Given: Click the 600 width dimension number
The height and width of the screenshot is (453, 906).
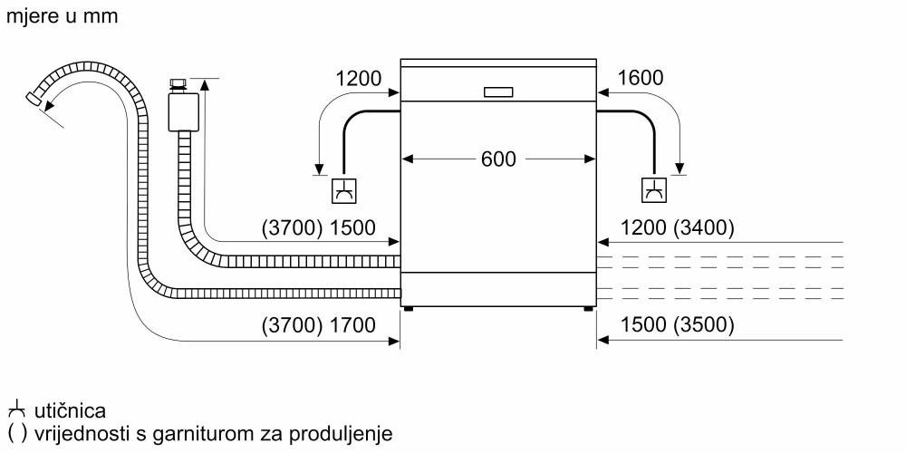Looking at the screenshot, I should (x=497, y=159).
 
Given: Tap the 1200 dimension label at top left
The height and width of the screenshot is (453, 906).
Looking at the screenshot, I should (x=358, y=78).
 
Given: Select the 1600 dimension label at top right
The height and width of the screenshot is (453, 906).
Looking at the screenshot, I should (x=640, y=78).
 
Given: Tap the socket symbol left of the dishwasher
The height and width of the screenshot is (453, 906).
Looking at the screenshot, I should (x=344, y=190).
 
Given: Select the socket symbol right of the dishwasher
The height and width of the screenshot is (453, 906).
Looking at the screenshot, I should (x=652, y=190).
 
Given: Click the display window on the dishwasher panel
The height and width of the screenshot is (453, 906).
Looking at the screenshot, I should (x=498, y=92).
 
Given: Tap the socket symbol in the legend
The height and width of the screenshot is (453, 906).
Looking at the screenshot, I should (x=15, y=411).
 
